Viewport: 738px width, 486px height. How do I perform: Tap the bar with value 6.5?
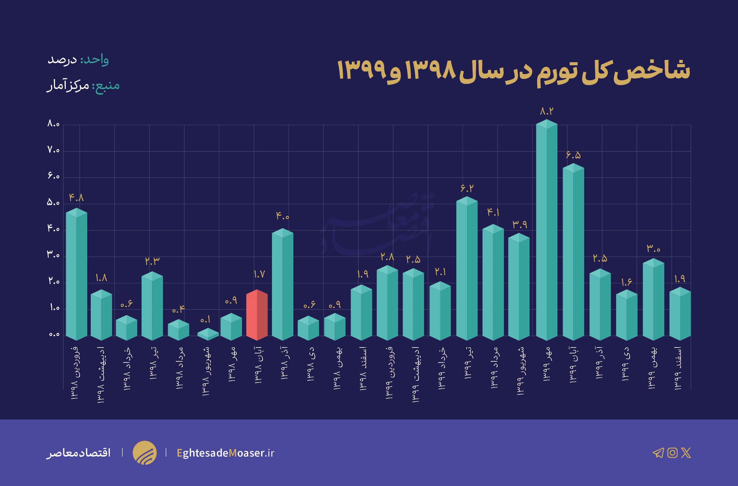(x=573, y=251)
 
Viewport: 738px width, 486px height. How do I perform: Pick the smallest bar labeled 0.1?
(x=208, y=334)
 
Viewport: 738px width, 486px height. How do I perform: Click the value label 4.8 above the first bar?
(x=76, y=197)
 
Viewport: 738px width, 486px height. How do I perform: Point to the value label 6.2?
(x=467, y=188)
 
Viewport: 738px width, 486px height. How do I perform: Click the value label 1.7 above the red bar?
(x=259, y=274)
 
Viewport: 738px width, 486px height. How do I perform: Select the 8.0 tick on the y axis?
(x=53, y=124)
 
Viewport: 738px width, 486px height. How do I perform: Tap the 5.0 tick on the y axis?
(x=53, y=203)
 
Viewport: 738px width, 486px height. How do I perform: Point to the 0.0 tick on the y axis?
(x=54, y=335)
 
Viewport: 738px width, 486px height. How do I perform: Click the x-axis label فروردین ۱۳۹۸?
(x=75, y=373)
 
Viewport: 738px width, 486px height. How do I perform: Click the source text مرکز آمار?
(x=68, y=85)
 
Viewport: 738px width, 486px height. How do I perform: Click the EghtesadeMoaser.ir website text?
(x=226, y=453)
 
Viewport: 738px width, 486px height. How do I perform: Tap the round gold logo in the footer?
(x=144, y=452)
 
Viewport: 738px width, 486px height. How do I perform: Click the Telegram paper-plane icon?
(x=658, y=453)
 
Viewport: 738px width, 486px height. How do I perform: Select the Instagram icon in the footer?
(x=672, y=453)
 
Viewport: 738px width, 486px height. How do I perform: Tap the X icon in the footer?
(x=686, y=453)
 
